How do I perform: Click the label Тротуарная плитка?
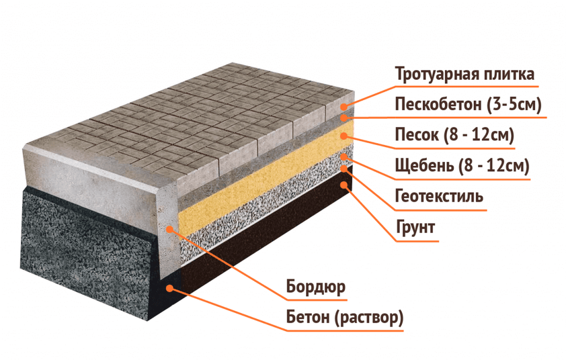point(465,74)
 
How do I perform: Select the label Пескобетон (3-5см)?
point(468,105)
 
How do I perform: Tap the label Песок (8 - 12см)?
point(454,135)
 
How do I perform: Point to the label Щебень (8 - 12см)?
point(462,166)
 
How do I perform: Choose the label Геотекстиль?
point(439,196)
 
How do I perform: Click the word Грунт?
point(415,228)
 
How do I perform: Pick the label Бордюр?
point(316,287)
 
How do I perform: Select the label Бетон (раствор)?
point(345,318)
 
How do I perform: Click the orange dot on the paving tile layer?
point(344,106)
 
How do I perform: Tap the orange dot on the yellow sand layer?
point(344,136)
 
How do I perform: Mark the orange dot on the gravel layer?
point(344,157)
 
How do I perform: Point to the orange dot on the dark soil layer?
point(344,185)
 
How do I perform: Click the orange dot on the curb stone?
point(169,229)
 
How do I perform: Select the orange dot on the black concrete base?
point(170,288)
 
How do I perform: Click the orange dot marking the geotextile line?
point(344,168)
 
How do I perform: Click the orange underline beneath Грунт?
point(417,241)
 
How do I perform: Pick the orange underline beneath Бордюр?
point(317,299)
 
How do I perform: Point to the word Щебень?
point(424,166)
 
